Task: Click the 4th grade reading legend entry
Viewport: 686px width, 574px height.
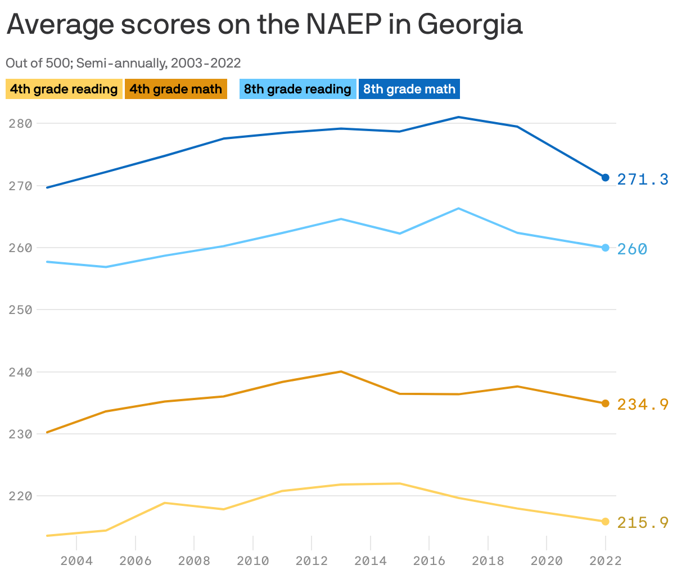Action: [x=64, y=89]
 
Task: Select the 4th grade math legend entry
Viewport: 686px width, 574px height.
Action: [x=175, y=89]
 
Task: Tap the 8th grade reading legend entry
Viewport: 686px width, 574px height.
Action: [x=297, y=89]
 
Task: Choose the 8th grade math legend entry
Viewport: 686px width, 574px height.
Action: [x=409, y=89]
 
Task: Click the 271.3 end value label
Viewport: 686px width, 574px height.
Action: [x=643, y=180]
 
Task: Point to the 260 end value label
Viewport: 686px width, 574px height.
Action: [x=632, y=249]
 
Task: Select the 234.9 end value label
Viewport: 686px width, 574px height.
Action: [x=643, y=404]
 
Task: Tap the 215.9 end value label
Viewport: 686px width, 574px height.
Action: [x=643, y=523]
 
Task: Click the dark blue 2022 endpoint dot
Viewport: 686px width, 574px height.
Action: [x=606, y=178]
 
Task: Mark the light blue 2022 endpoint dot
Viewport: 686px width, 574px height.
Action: [x=606, y=248]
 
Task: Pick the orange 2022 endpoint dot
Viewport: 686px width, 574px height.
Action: [x=606, y=403]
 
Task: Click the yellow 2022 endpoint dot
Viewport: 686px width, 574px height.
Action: [x=606, y=522]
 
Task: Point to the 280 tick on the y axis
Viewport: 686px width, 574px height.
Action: [x=20, y=123]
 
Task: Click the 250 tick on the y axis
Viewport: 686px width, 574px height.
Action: [x=20, y=310]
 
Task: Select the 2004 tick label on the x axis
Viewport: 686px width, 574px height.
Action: [x=76, y=561]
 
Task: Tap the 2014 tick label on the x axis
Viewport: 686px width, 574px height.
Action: [x=371, y=561]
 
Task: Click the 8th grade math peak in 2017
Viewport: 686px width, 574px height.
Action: [x=459, y=117]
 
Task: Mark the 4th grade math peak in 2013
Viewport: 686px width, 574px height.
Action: [x=341, y=371]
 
